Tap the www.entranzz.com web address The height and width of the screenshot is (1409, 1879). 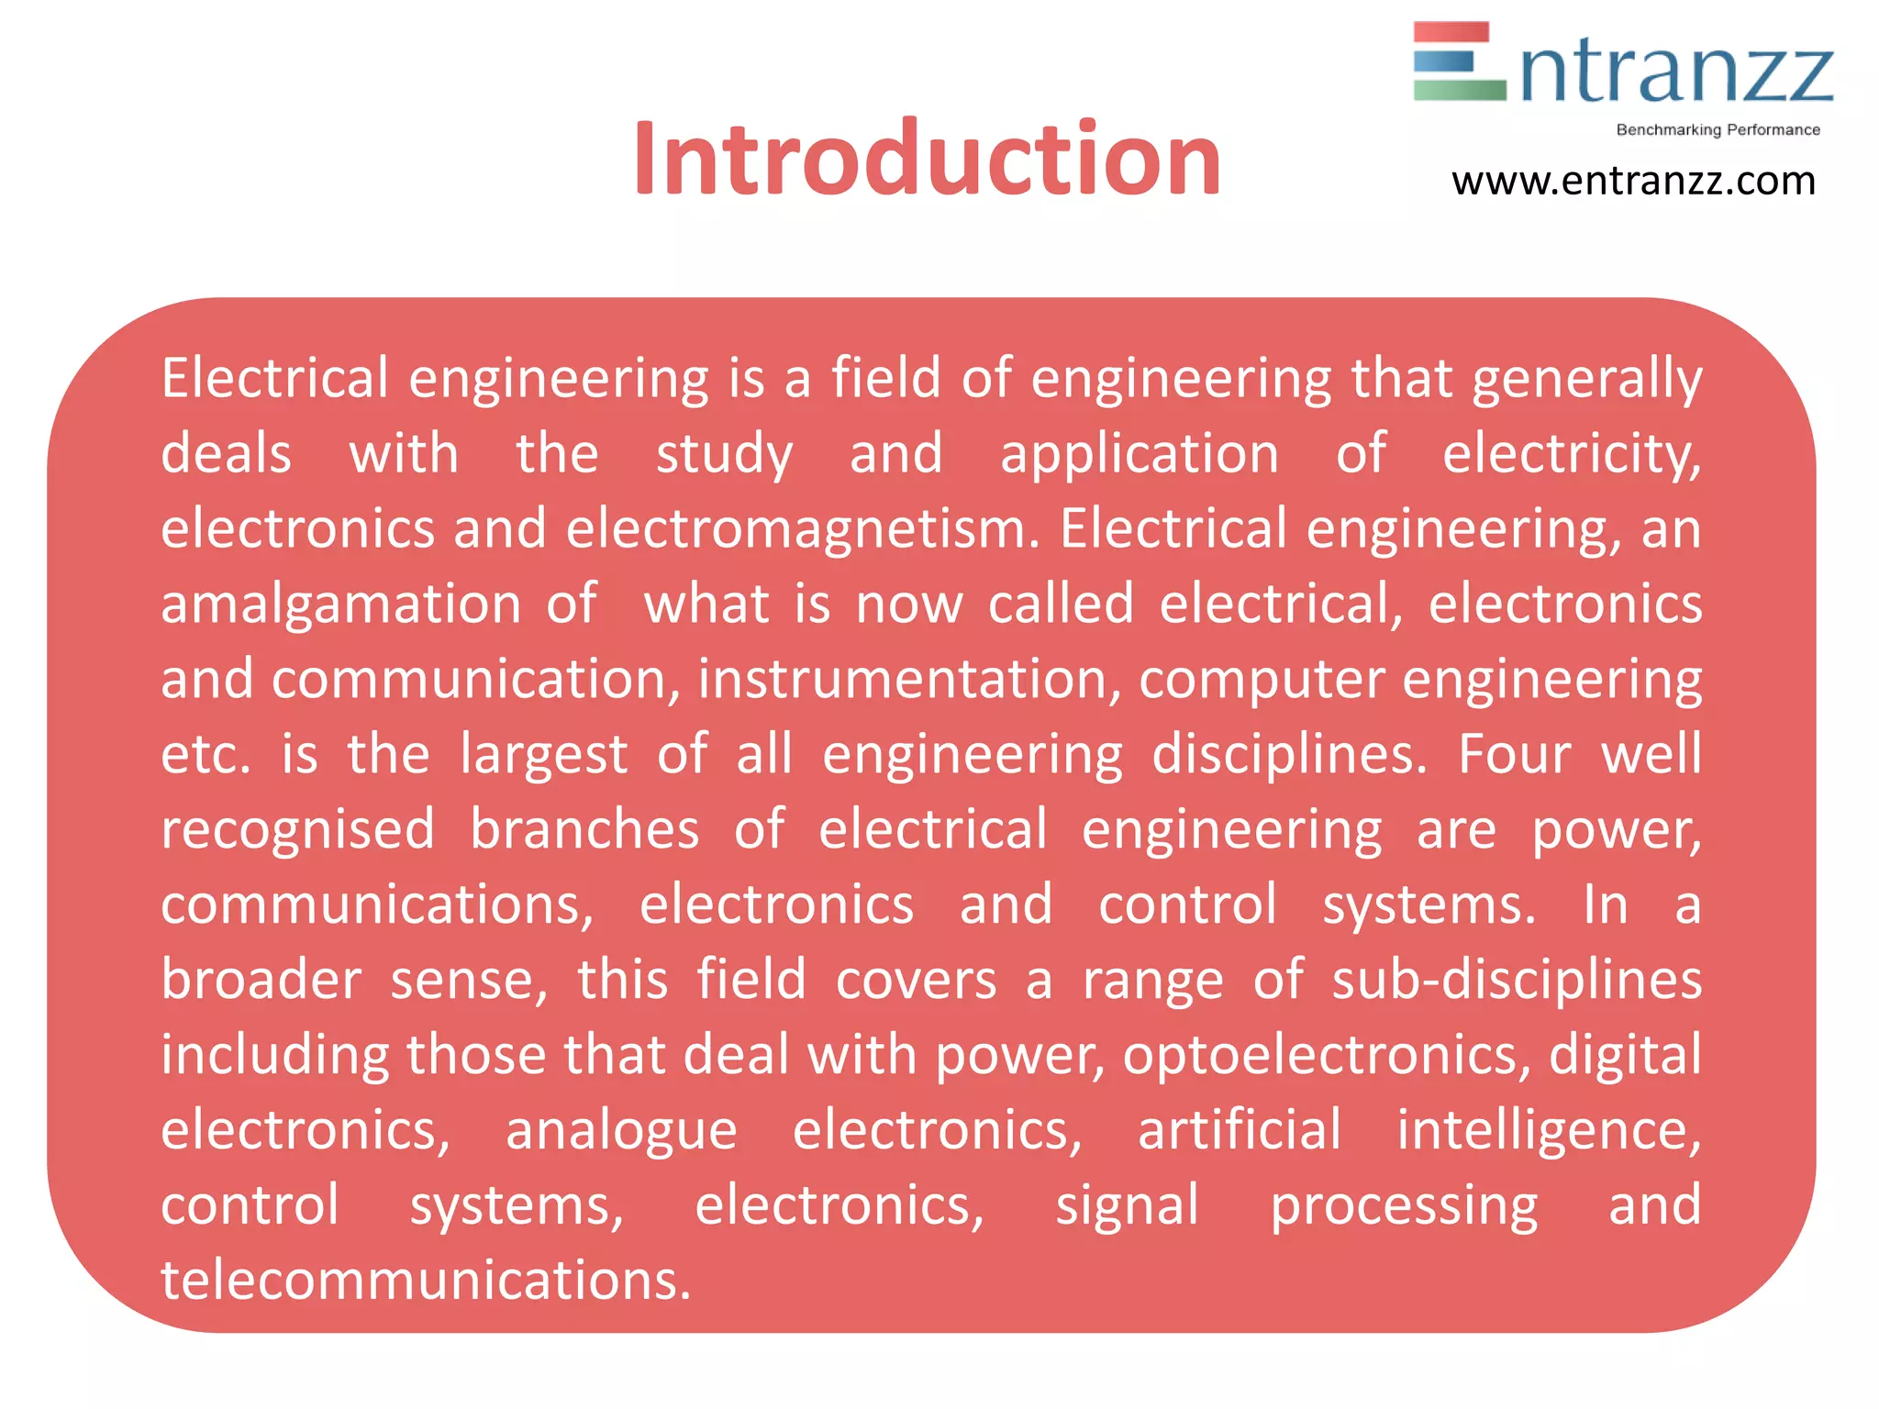pyautogui.click(x=1633, y=182)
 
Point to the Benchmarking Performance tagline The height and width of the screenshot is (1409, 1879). pyautogui.click(x=1718, y=130)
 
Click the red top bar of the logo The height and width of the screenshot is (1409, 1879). pyautogui.click(x=1451, y=32)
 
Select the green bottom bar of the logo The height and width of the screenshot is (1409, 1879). pyautogui.click(x=1459, y=90)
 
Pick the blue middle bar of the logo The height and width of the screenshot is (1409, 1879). pyautogui.click(x=1444, y=61)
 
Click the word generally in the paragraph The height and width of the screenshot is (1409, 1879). pyautogui.click(x=1586, y=380)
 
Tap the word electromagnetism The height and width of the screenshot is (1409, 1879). pyautogui.click(x=802, y=530)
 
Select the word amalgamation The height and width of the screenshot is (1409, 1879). pyautogui.click(x=340, y=605)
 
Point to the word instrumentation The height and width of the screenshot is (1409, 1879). pyautogui.click(x=909, y=681)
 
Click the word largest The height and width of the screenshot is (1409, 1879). pyautogui.click(x=543, y=756)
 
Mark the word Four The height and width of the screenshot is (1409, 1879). pyautogui.click(x=1514, y=754)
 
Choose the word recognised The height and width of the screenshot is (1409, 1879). pyautogui.click(x=297, y=831)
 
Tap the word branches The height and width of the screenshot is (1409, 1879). pyautogui.click(x=584, y=829)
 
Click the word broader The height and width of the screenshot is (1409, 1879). pyautogui.click(x=261, y=980)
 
